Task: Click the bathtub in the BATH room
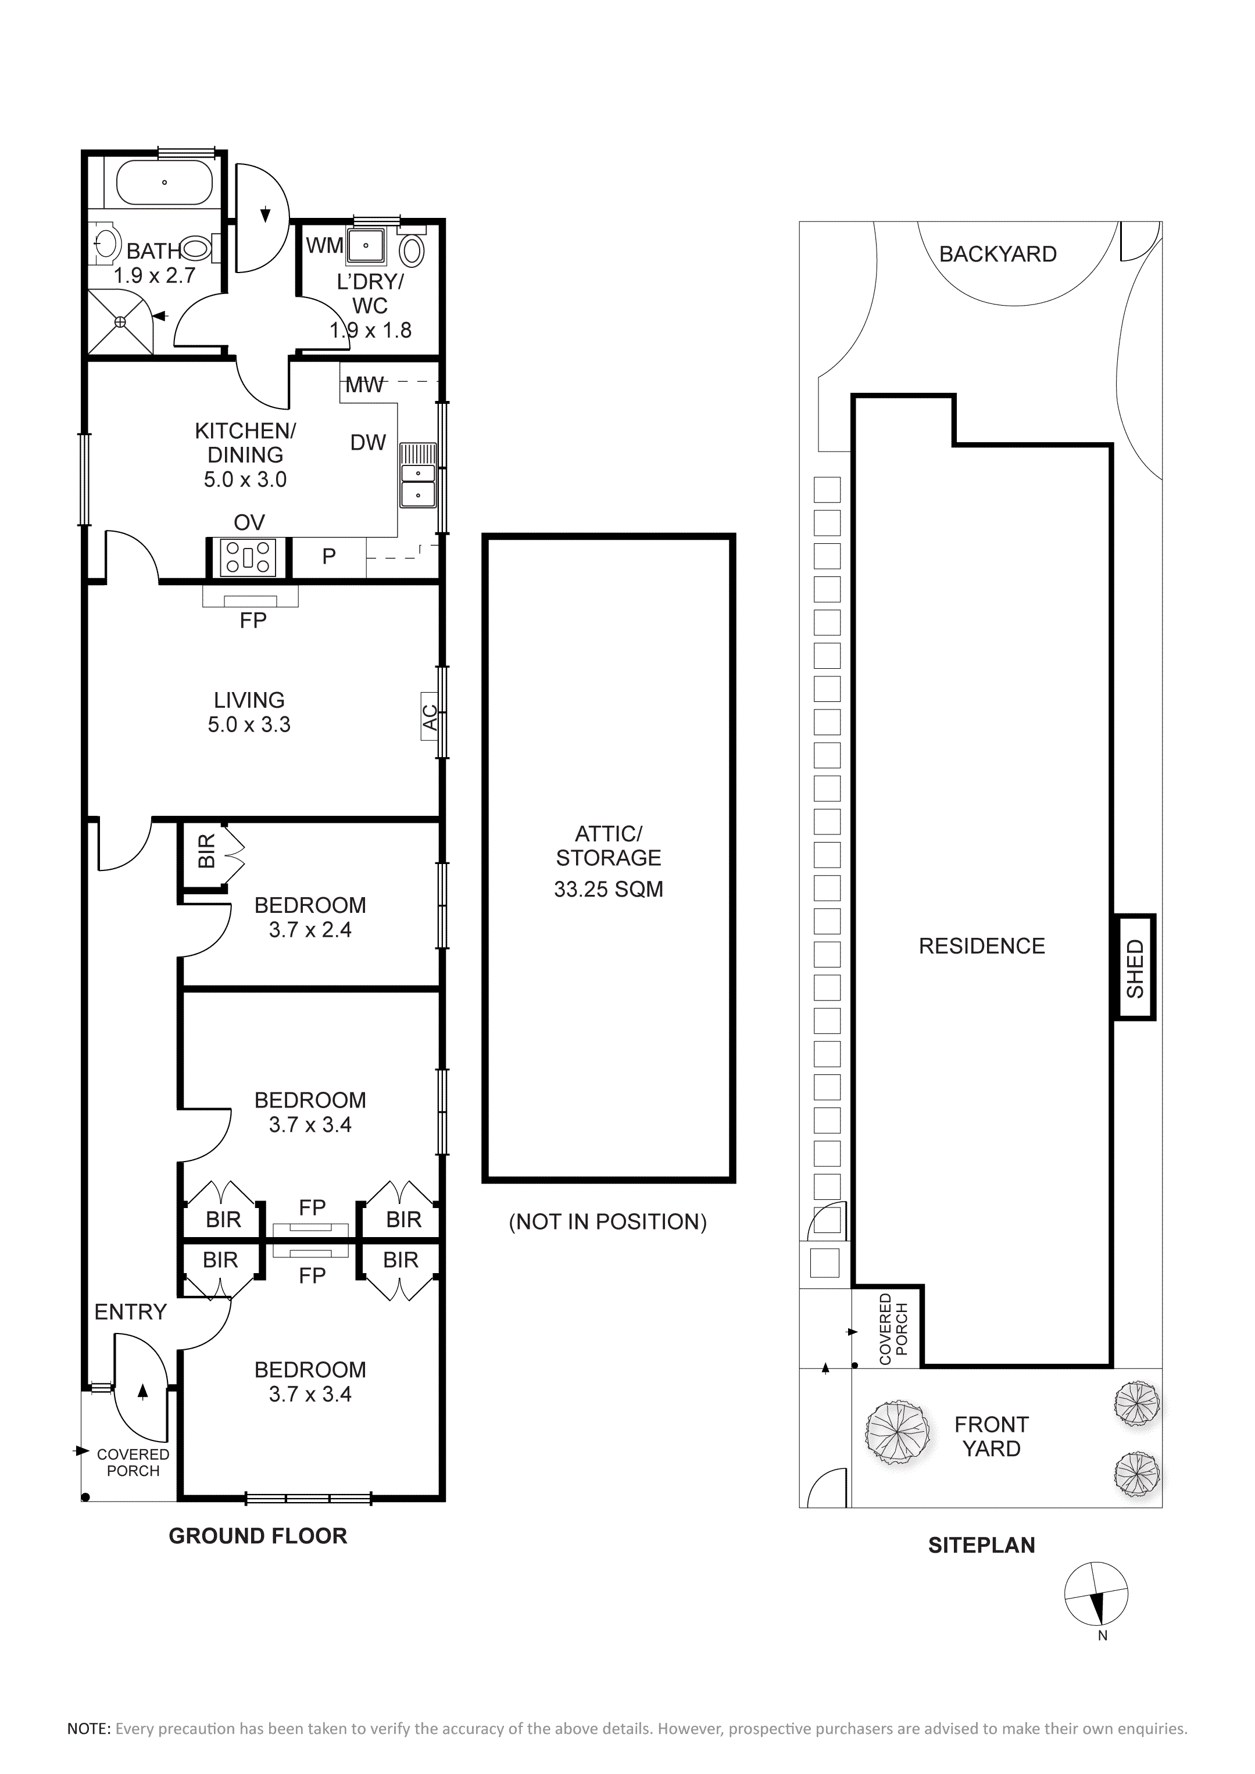coord(164,183)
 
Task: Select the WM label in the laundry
coord(324,245)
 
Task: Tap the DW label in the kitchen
coord(368,442)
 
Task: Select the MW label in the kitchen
coord(364,384)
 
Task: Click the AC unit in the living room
coord(430,716)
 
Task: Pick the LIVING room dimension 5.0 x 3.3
coord(249,724)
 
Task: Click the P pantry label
coord(329,556)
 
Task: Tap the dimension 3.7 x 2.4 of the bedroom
coord(310,930)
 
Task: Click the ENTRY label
coord(131,1311)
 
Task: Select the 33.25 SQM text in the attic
coord(608,888)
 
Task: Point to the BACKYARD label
coord(997,253)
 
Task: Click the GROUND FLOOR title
coord(258,1536)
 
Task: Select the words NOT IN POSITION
coord(608,1221)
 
